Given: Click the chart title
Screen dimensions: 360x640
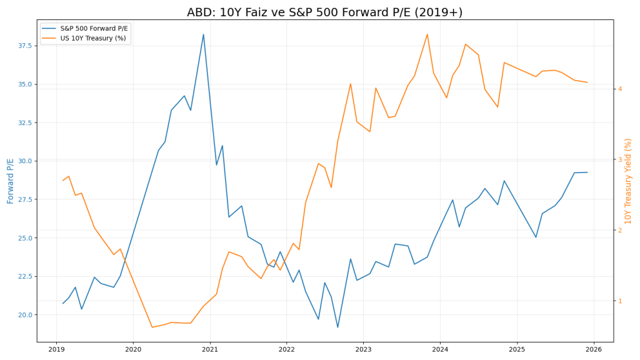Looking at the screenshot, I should pos(324,12).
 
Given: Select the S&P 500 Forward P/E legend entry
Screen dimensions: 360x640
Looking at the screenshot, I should pos(94,28).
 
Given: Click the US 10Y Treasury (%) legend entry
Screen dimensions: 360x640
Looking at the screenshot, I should pos(92,38).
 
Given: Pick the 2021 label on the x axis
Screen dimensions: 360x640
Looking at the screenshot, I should pos(210,349).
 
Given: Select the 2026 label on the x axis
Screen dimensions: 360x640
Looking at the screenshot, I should pos(594,349).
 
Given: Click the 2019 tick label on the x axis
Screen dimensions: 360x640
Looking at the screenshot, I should pos(56,349).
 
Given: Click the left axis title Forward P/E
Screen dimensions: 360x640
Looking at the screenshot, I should pos(11,181).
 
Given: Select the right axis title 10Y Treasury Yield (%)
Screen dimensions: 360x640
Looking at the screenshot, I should pos(629,181).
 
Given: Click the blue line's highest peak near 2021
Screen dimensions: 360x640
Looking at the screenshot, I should pos(203,34).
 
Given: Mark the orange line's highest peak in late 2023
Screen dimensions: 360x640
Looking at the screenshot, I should pos(427,34).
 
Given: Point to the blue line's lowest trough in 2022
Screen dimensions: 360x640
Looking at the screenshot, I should pos(337,327).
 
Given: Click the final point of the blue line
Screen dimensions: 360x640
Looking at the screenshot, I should pos(587,172).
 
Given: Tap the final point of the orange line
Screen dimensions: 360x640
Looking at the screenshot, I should pos(587,82).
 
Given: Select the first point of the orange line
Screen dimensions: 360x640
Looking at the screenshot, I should pos(62,181).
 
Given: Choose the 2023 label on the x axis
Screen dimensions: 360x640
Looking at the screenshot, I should pos(364,349).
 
